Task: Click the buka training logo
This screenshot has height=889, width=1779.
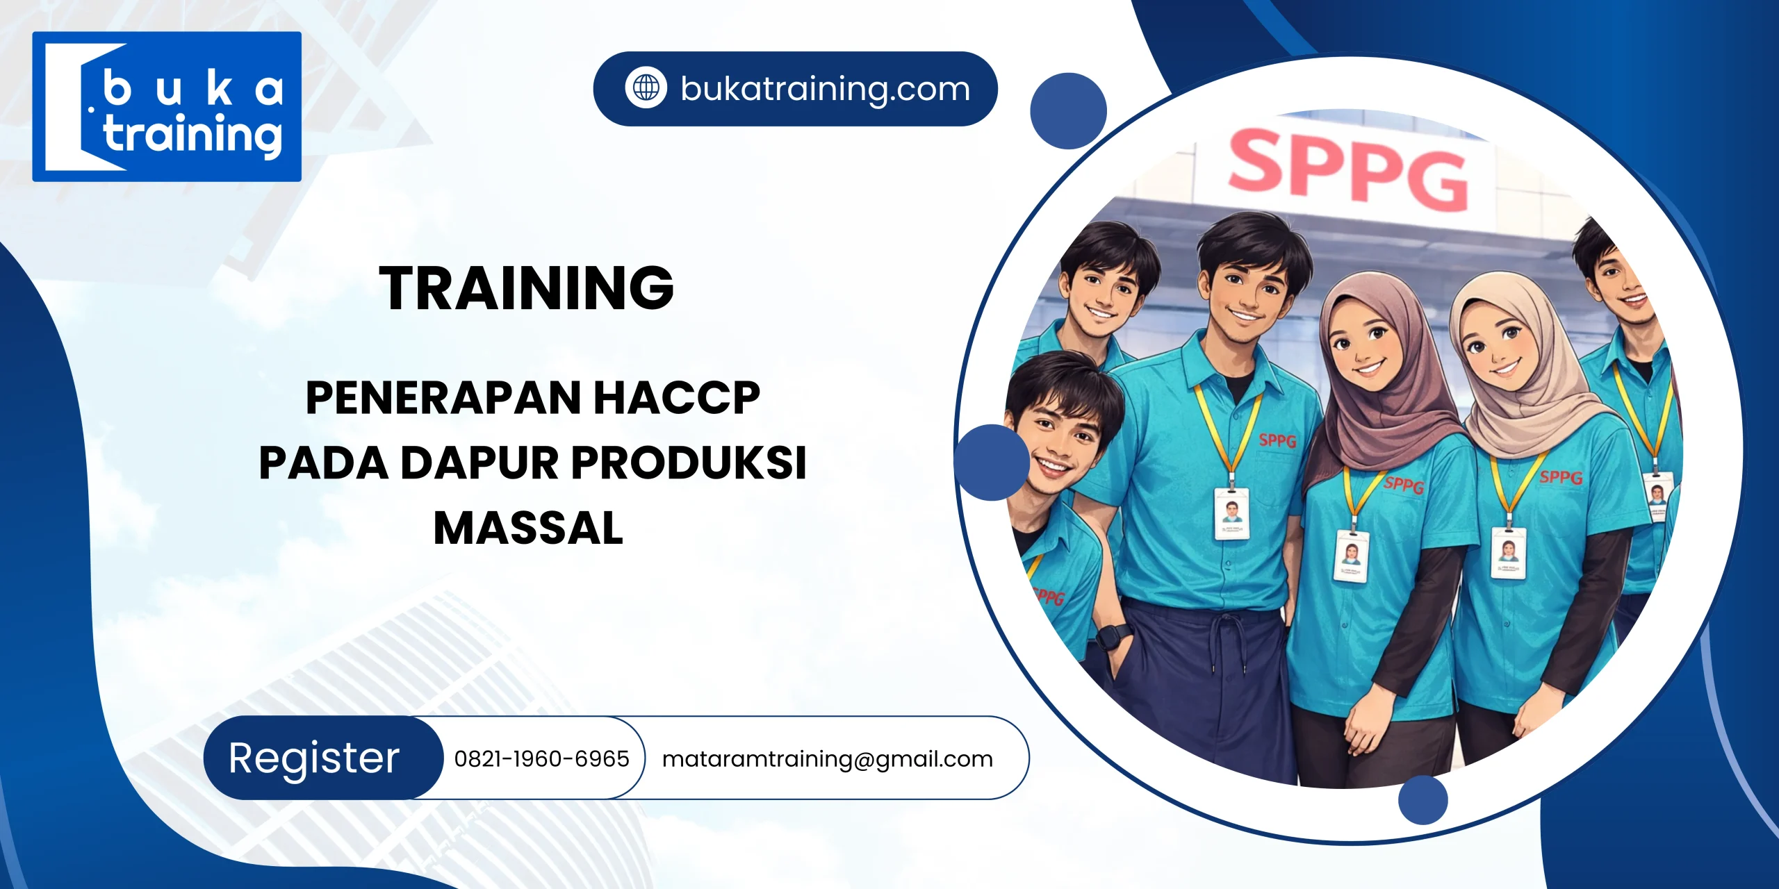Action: tap(167, 106)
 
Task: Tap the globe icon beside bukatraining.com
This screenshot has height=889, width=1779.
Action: tap(646, 88)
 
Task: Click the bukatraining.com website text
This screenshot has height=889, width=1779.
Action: tap(825, 89)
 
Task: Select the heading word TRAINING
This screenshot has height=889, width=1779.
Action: tap(526, 288)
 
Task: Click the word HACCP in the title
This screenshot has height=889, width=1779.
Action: tap(677, 398)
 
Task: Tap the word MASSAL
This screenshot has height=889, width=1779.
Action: tap(528, 529)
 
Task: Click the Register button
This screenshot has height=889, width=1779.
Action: tap(315, 758)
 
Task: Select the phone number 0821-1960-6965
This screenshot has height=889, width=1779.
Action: tap(541, 758)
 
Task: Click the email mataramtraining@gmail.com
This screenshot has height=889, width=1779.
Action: tap(827, 759)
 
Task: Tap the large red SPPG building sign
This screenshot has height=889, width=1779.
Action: tap(1348, 170)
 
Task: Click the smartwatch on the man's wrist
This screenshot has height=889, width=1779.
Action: tap(1113, 635)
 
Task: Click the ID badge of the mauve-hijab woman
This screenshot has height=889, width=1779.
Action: tap(1350, 555)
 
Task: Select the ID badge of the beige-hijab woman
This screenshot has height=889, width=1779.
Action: tap(1508, 552)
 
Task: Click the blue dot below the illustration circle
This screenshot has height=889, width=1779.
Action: tap(1423, 800)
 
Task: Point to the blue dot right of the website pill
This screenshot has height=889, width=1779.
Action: tap(1068, 111)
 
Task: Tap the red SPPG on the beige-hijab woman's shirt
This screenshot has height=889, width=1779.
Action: tap(1561, 477)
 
